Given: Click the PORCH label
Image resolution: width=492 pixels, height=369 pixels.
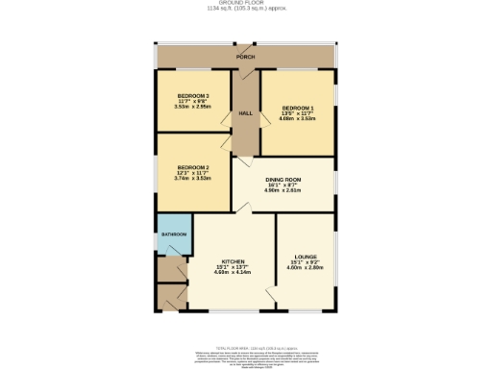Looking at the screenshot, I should (247, 58).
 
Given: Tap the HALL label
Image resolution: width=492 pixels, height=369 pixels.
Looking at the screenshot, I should (245, 114).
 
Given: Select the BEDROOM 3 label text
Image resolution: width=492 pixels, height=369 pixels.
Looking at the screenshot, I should (193, 95).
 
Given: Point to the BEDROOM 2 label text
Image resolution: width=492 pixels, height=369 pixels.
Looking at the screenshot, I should (192, 167).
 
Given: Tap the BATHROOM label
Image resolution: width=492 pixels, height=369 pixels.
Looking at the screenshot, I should (173, 234).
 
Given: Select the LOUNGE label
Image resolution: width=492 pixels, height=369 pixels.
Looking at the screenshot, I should (307, 257).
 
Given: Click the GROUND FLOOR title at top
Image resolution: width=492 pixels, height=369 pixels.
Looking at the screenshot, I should (245, 4).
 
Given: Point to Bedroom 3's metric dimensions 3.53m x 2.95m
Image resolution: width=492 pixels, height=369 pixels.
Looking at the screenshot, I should (193, 107).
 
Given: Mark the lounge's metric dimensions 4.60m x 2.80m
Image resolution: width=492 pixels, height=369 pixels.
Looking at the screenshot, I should (307, 268).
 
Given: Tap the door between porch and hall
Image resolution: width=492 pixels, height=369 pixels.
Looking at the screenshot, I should (246, 72).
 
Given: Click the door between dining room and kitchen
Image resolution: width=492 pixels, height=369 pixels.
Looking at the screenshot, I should (243, 209).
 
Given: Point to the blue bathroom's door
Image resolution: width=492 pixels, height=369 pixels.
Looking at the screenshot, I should (172, 254).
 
